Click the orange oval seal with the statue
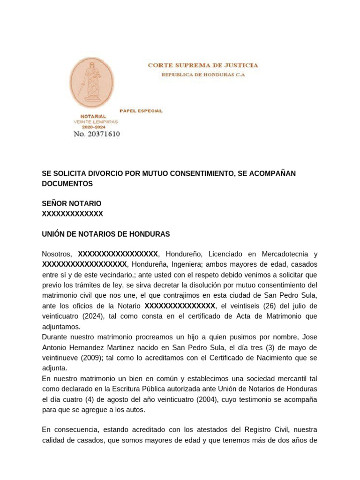click(x=91, y=83)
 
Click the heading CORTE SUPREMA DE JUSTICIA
click(x=202, y=65)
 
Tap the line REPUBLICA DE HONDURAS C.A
click(x=203, y=75)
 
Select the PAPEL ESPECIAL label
click(x=141, y=111)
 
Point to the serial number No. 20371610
click(x=97, y=134)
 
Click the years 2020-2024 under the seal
click(x=94, y=127)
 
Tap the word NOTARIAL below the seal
click(x=93, y=116)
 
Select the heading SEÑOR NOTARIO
click(x=71, y=203)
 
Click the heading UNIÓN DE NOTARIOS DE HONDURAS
click(x=106, y=234)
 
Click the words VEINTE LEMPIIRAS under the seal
click(x=96, y=121)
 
